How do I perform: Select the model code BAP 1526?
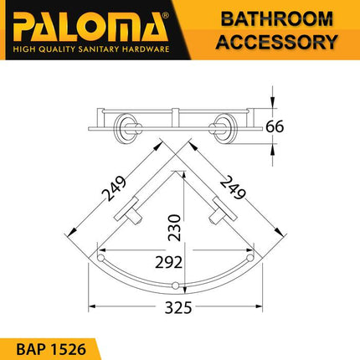[54, 344]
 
